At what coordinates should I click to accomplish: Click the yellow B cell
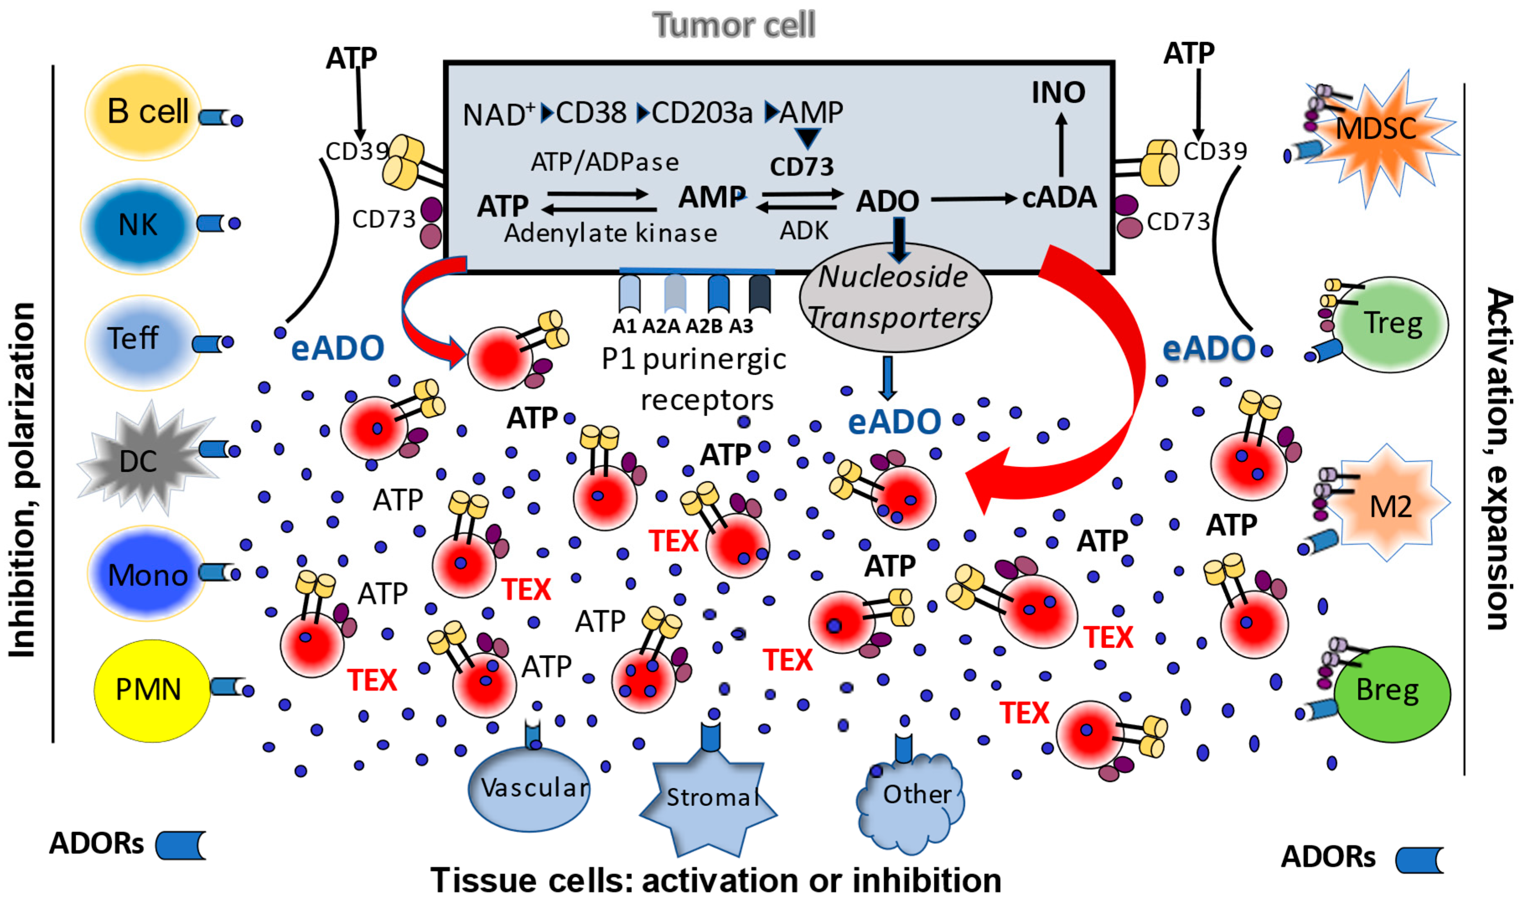(x=143, y=113)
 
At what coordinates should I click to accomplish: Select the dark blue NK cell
(x=139, y=226)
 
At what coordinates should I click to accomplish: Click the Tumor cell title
(x=734, y=26)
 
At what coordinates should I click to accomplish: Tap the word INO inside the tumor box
(x=1058, y=93)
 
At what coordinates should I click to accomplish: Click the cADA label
(x=1059, y=198)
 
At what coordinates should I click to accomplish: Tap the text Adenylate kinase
(x=610, y=234)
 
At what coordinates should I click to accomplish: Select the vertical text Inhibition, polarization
(x=23, y=479)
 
